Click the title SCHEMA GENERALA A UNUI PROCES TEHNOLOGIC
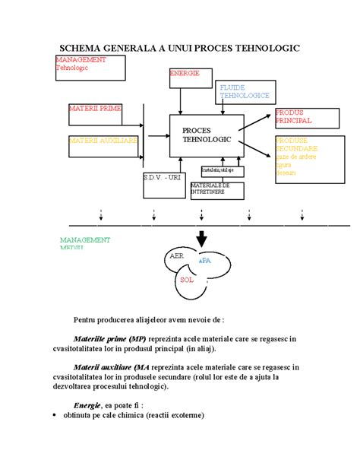(179, 48)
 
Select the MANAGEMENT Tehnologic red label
(81, 63)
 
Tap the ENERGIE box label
(185, 74)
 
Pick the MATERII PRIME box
(95, 109)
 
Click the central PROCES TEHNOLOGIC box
(206, 136)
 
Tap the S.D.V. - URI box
(163, 177)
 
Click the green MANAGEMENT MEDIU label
(84, 243)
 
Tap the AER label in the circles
(177, 256)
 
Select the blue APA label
(204, 260)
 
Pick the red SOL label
(188, 280)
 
